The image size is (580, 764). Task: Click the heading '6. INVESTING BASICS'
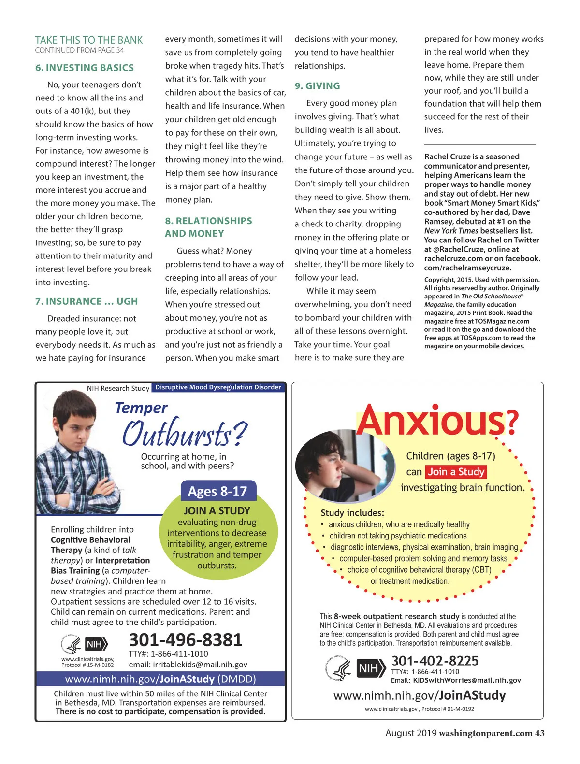click(85, 68)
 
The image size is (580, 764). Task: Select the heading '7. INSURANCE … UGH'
click(87, 301)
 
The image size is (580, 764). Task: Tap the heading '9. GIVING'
click(318, 86)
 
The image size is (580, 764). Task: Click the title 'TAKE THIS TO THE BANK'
click(89, 40)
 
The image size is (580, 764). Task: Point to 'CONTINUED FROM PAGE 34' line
click(79, 50)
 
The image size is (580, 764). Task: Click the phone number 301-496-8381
click(186, 640)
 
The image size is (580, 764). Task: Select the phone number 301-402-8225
click(435, 661)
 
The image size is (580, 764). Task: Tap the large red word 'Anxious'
click(431, 420)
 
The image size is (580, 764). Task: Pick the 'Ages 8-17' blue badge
click(217, 491)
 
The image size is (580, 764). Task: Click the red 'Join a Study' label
click(456, 472)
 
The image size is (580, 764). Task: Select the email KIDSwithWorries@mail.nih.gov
click(467, 680)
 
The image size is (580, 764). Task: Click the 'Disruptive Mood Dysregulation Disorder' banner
click(218, 387)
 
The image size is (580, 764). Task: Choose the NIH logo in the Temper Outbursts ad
click(96, 644)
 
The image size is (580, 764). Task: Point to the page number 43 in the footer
click(539, 733)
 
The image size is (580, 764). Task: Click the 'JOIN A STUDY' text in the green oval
click(217, 510)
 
